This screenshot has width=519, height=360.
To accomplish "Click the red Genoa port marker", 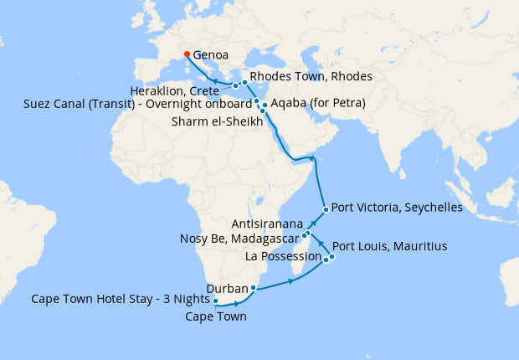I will coord(187,54).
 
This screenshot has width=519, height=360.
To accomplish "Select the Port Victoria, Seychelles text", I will coord(397,208).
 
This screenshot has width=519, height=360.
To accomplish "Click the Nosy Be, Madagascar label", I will coord(239,239).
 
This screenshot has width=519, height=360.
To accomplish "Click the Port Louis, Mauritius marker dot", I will coord(331,256).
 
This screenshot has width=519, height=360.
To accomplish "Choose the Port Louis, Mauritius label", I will coord(389,247).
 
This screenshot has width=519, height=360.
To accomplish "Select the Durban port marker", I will coord(253,287).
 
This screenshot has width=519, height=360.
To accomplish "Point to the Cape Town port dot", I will coord(215,301).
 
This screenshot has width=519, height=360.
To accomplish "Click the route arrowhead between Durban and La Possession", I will coord(291,281).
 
